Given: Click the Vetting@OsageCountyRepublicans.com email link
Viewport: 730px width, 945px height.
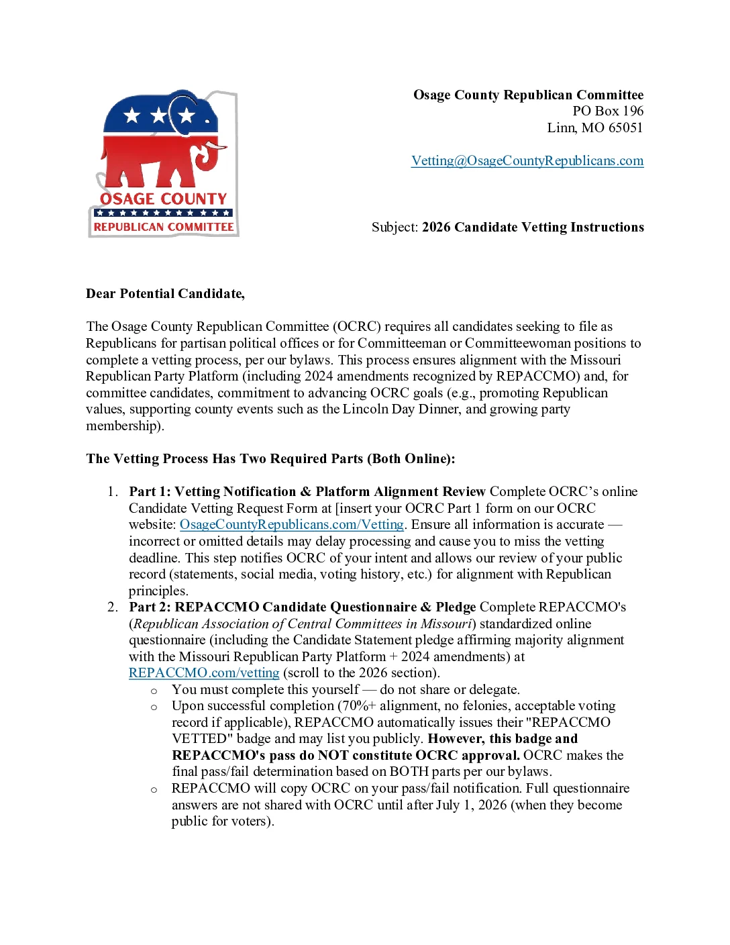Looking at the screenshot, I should click(527, 161).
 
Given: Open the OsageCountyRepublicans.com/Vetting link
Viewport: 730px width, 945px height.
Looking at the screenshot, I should click(292, 525).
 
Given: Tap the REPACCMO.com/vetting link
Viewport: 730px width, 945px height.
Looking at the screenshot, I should click(204, 673).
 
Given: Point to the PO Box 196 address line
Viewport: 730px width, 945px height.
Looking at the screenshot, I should click(607, 111).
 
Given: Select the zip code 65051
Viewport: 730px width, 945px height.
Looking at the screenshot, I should click(625, 128).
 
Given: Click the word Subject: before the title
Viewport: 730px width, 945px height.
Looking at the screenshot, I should click(395, 228).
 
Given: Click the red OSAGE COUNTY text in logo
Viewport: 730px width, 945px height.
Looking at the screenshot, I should click(164, 199).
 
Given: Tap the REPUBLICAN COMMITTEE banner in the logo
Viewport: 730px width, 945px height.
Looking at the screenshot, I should click(164, 228).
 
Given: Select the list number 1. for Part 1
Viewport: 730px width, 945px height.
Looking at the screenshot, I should click(113, 492).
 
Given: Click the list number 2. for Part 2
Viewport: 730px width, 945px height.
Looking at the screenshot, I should click(113, 607).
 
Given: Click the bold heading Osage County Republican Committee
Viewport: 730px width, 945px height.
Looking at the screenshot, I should click(528, 95).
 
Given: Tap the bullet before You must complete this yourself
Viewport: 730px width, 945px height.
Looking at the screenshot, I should click(154, 691).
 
